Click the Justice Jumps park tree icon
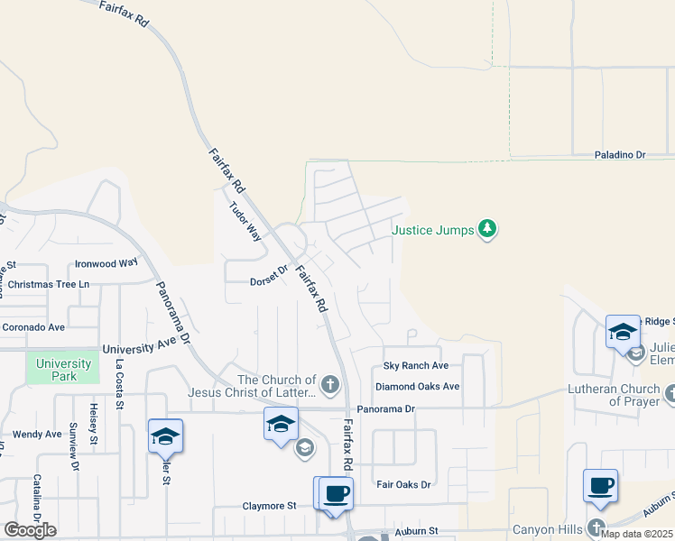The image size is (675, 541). tap(487, 229)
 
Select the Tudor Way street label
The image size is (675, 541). tap(246, 220)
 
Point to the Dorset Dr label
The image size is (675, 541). tap(268, 280)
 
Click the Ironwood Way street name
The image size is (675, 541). tap(106, 263)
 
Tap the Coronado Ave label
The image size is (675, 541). tap(32, 327)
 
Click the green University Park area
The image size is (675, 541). tap(63, 369)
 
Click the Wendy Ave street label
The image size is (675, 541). tap(37, 434)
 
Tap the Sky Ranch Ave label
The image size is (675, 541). tap(415, 365)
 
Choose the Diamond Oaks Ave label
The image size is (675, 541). tap(418, 386)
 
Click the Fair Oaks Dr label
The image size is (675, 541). tap(403, 484)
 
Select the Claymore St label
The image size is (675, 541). tap(269, 506)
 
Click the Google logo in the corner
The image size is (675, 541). tap(30, 529)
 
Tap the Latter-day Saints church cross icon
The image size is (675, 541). tap(331, 386)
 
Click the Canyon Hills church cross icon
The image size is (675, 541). tap(596, 527)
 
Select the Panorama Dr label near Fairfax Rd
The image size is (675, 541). tap(384, 408)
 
